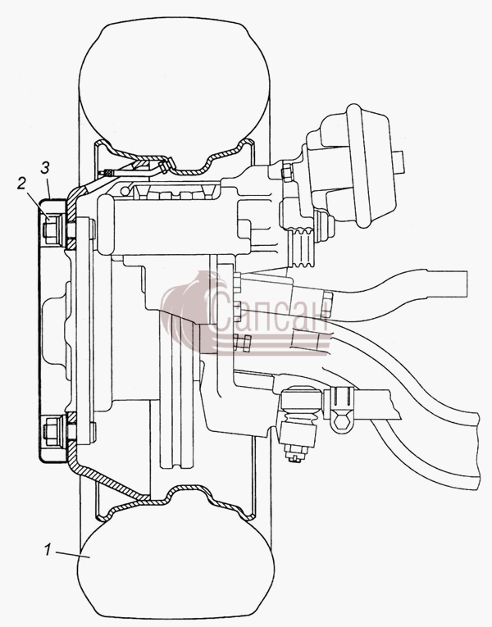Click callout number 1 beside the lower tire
point(48,549)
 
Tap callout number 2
point(21,183)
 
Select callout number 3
point(45,167)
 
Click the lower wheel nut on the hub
point(51,431)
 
